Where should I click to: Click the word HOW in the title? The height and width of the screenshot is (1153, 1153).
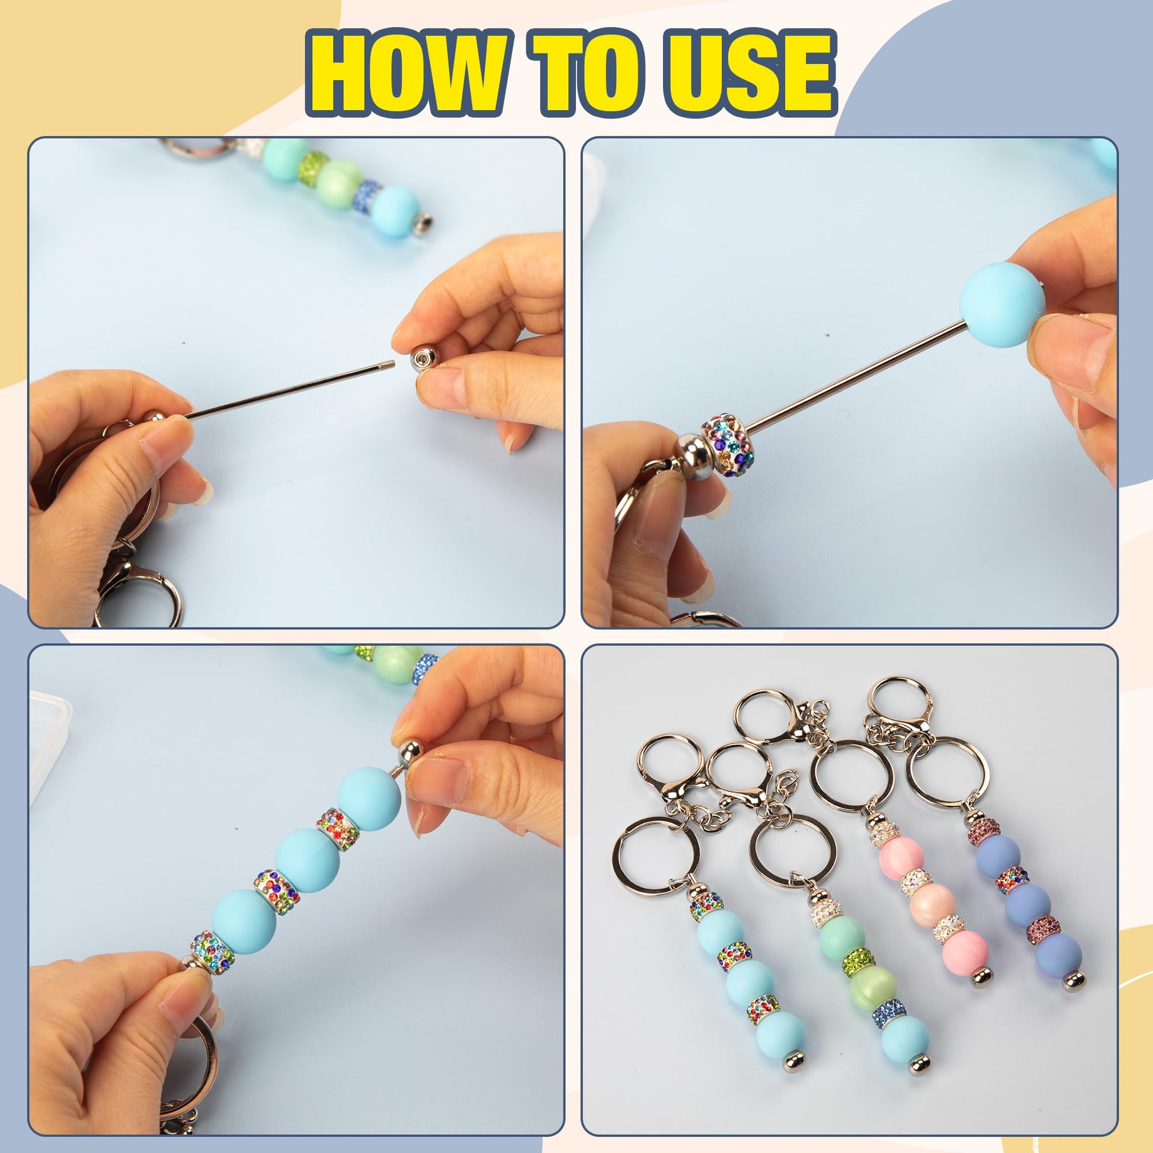(409, 73)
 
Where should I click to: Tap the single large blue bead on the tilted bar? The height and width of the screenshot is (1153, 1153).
(1002, 305)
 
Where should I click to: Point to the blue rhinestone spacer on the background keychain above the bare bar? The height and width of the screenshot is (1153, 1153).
(367, 196)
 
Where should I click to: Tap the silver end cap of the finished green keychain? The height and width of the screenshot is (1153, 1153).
(919, 1064)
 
